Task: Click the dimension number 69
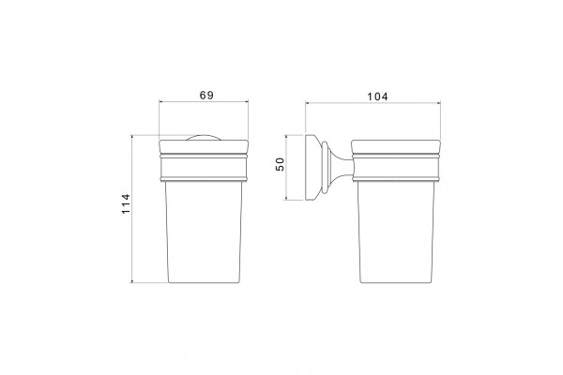click(206, 95)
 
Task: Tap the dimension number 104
click(377, 97)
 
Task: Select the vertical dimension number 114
click(126, 203)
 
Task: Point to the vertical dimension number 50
click(280, 164)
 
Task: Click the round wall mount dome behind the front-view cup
click(204, 137)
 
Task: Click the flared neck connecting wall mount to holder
click(340, 168)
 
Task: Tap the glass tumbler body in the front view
click(204, 232)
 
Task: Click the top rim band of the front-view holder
click(204, 147)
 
